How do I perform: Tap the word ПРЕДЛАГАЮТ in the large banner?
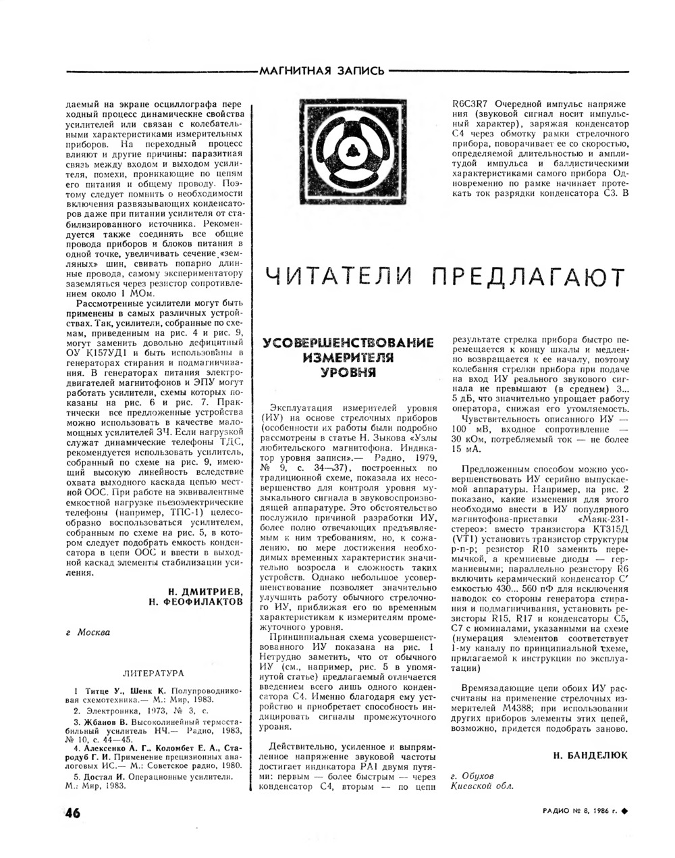coord(526,276)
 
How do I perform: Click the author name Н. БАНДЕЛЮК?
coord(590,755)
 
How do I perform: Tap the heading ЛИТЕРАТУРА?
coord(153,674)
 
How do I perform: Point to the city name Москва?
coord(94,632)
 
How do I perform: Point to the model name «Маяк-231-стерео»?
coord(594,519)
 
